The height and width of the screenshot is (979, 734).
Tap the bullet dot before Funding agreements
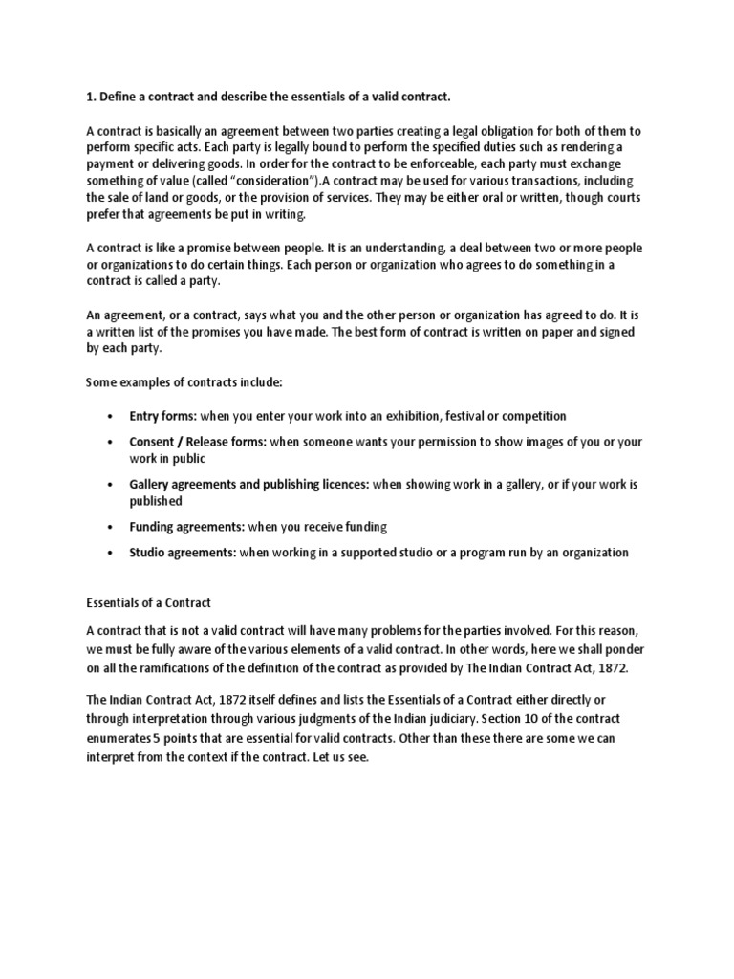111,527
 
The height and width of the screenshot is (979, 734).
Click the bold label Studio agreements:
183,553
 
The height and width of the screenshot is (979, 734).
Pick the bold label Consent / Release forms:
198,443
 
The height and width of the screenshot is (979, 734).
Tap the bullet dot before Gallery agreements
111,485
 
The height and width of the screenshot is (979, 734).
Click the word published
155,501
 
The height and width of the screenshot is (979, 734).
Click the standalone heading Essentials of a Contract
148,603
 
